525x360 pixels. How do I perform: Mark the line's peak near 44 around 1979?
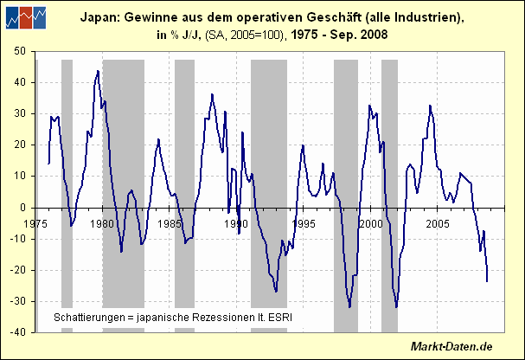98,70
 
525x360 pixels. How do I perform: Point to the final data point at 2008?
487,281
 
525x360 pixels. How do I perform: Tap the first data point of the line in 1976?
48,163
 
